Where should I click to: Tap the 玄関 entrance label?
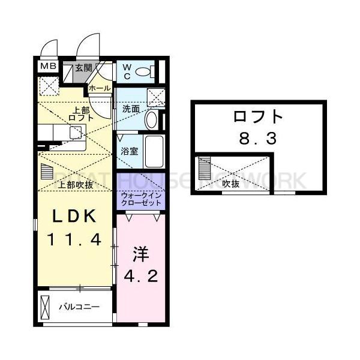83,68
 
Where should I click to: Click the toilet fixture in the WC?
144,73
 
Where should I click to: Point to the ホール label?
99,88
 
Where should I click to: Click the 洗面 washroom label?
131,109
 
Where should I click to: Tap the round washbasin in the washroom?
151,119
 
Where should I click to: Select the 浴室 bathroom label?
130,151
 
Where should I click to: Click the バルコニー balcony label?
79,307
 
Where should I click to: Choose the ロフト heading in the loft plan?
258,116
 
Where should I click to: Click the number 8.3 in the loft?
258,140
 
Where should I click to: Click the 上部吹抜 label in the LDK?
76,184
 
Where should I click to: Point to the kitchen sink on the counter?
76,132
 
